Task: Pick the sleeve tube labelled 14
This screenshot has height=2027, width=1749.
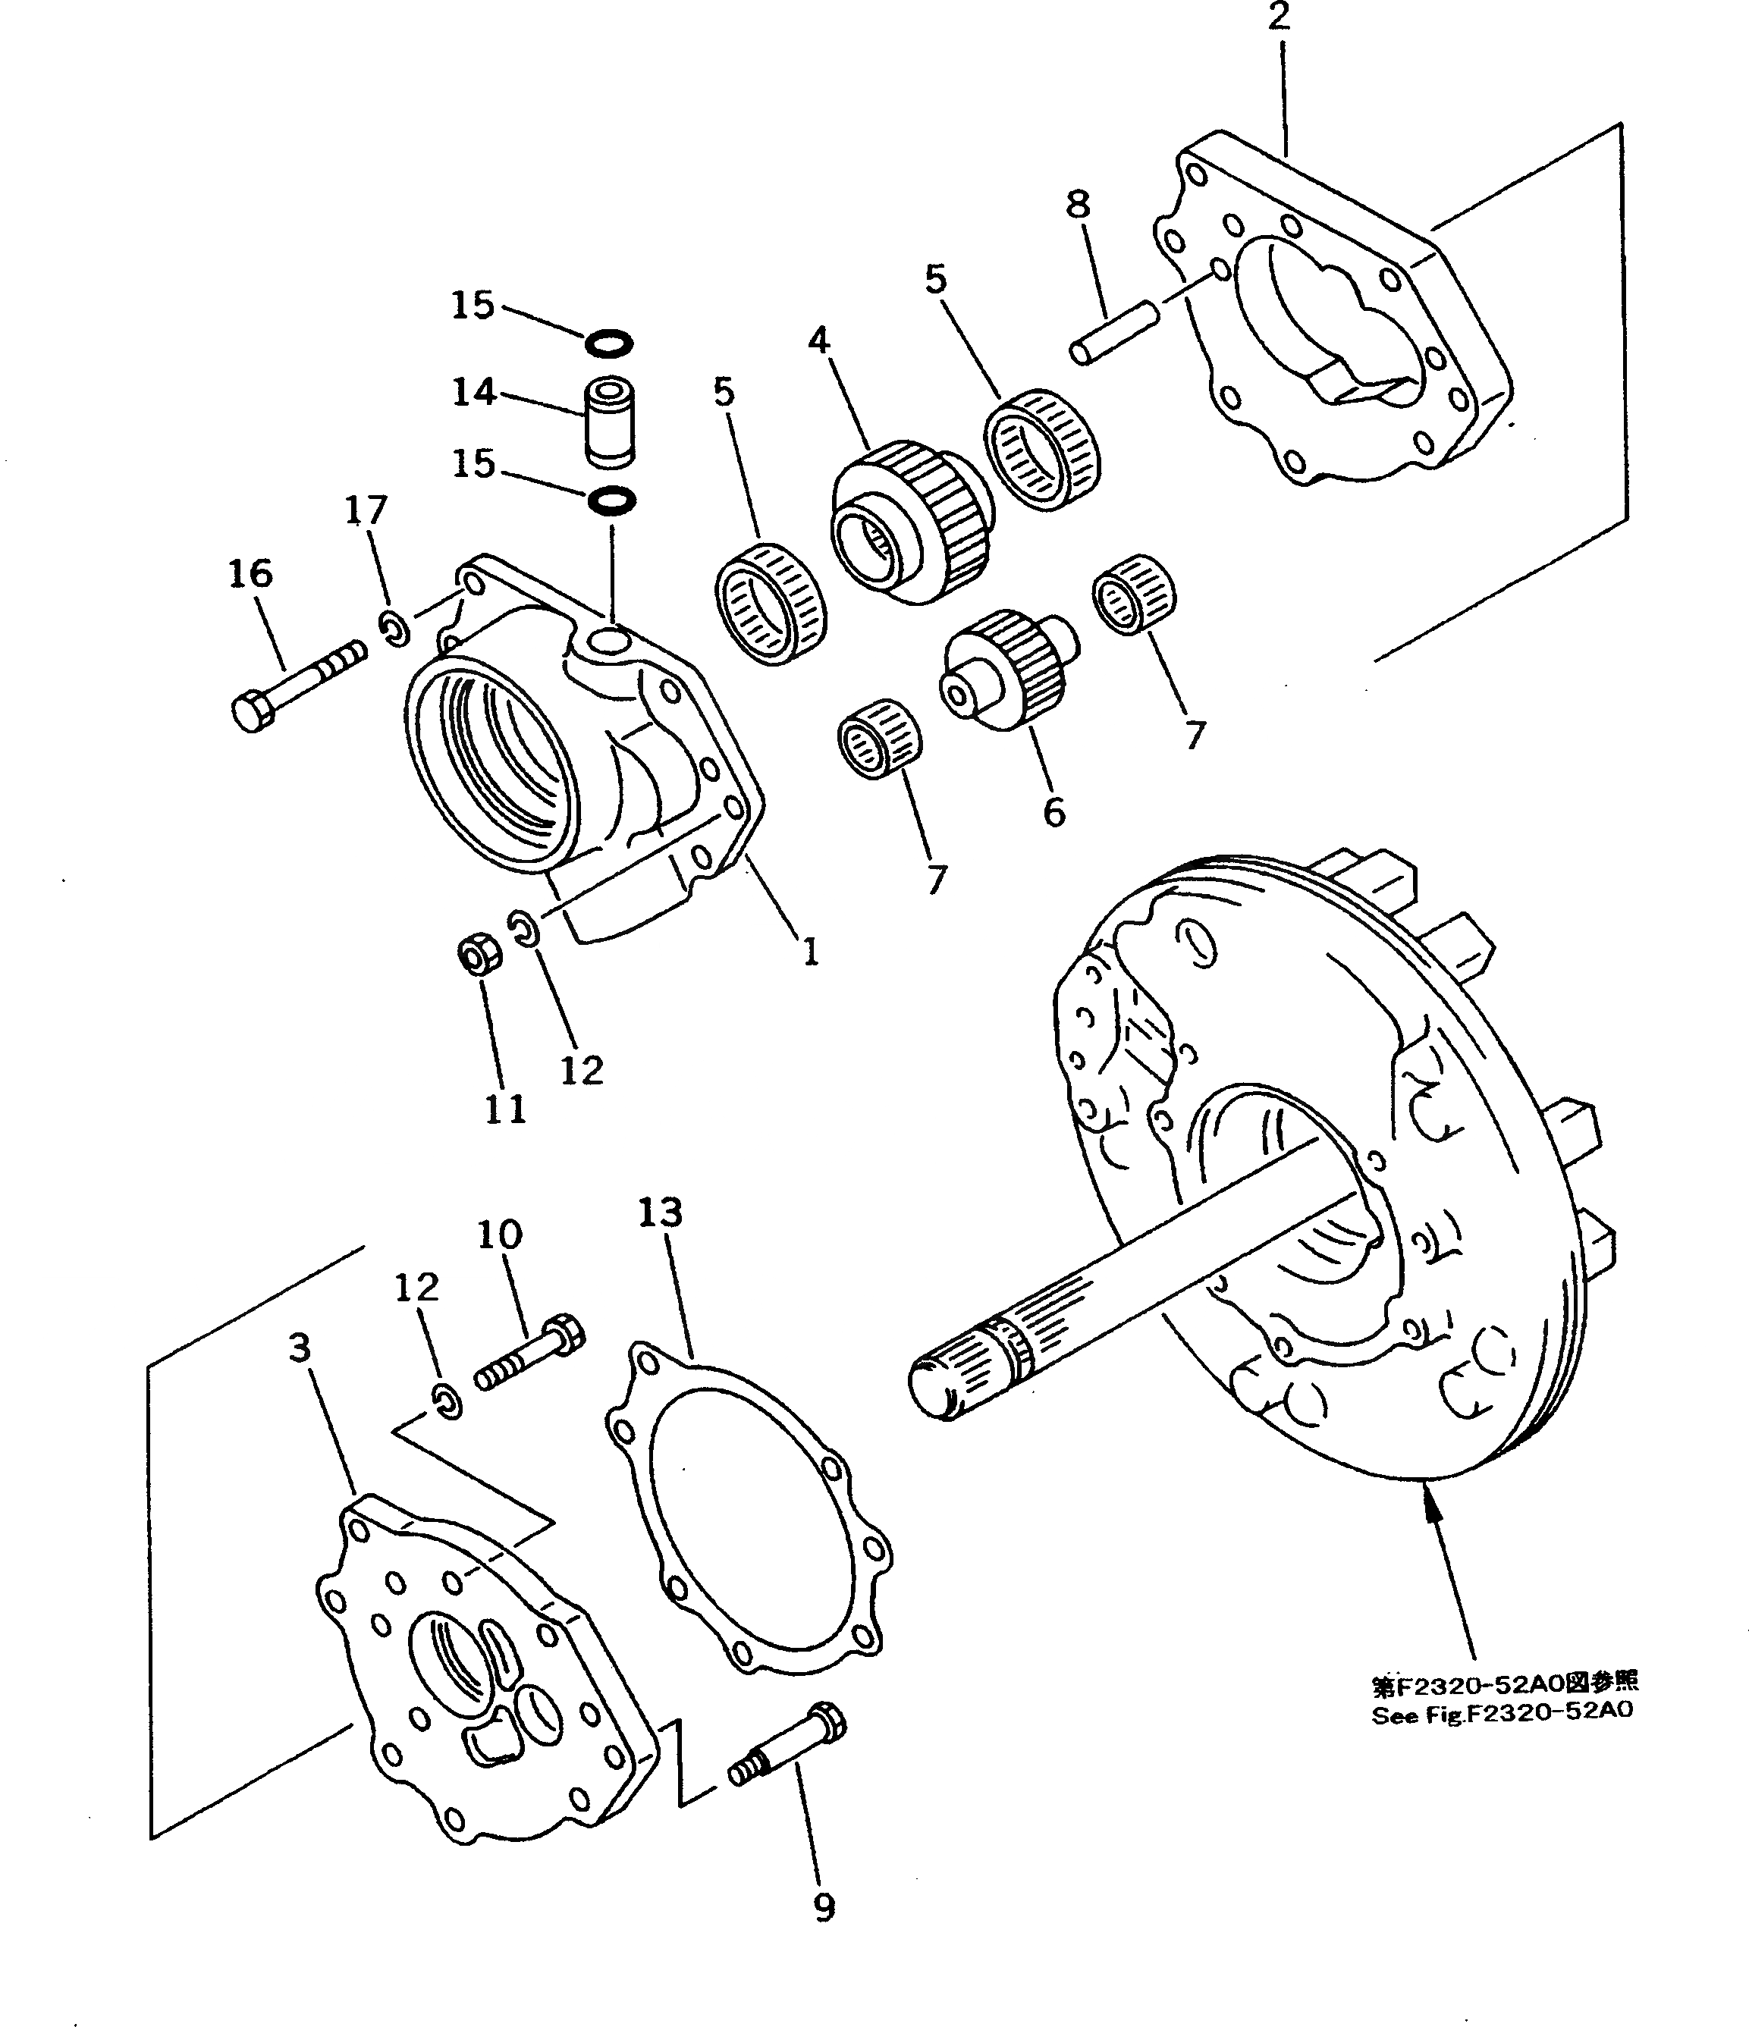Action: tap(609, 422)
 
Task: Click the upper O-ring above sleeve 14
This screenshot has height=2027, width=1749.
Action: tap(608, 344)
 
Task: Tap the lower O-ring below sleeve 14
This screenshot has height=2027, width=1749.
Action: tap(611, 501)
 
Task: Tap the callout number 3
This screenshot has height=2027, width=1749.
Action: tap(300, 1348)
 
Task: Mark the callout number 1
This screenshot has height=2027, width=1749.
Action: tap(810, 951)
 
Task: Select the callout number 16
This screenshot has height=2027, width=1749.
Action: tap(250, 574)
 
